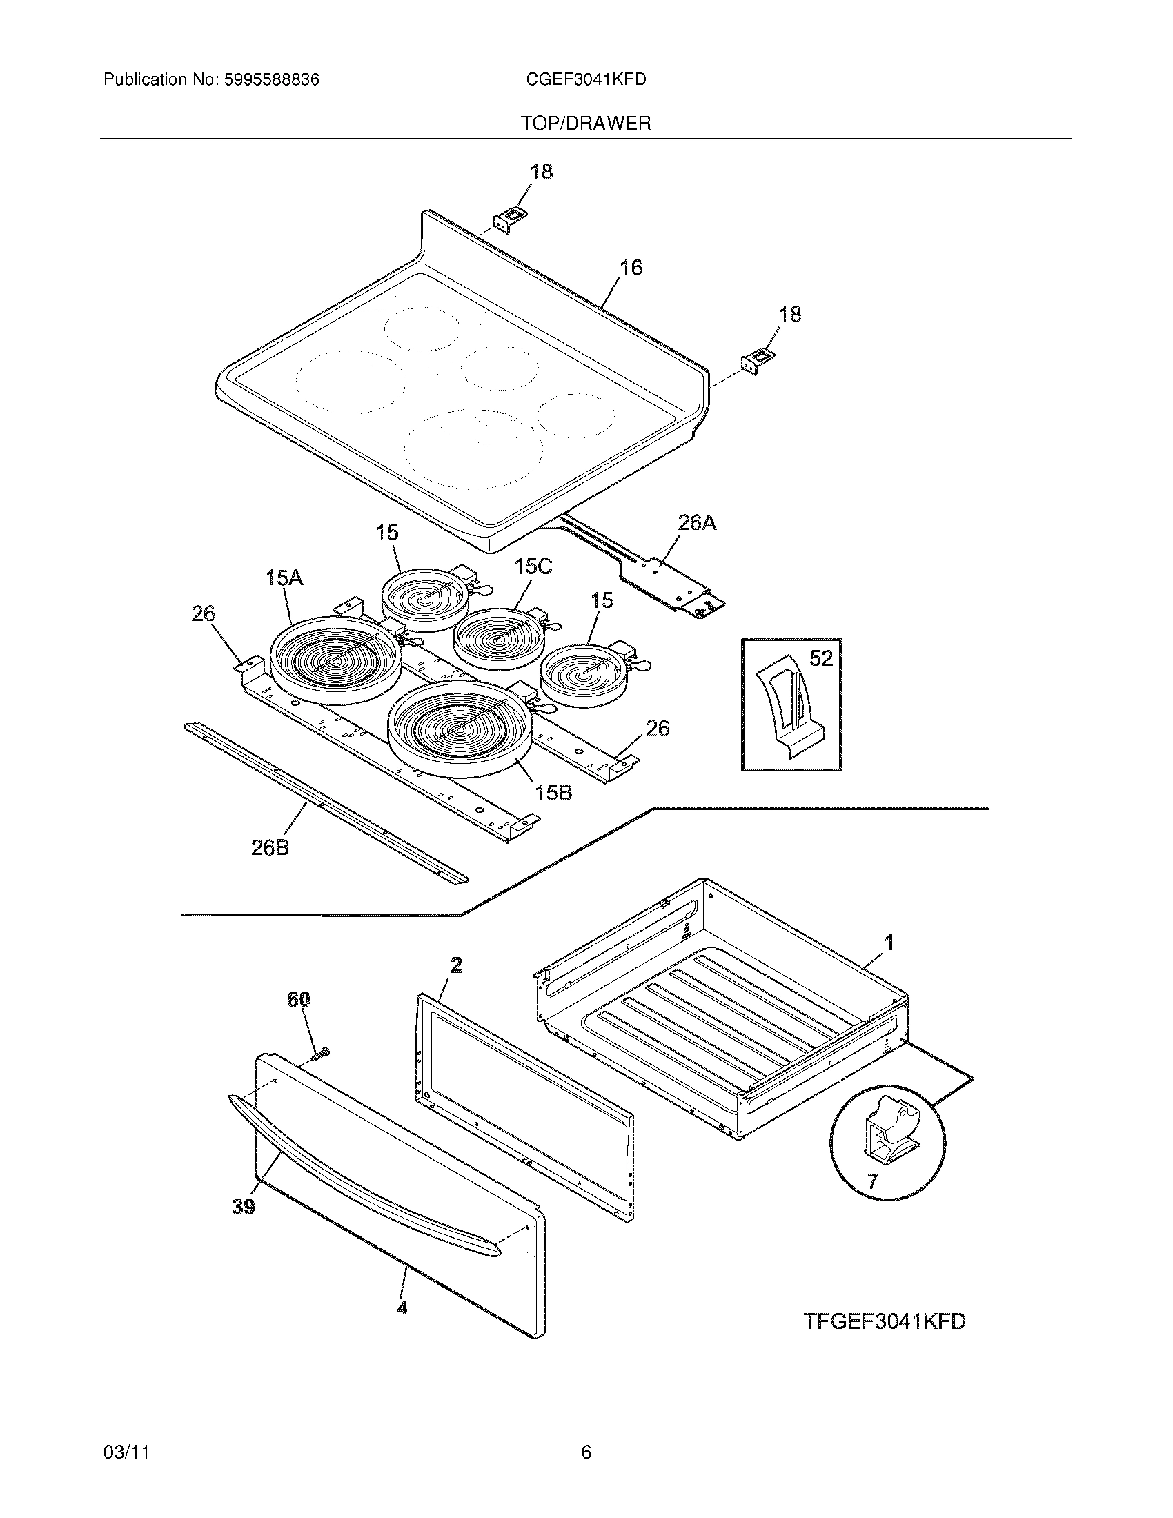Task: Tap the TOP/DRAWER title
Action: pos(586,124)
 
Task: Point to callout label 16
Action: pos(630,268)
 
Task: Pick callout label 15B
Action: pos(553,792)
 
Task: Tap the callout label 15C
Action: pos(533,567)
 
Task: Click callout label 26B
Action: pos(270,848)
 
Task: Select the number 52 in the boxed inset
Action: pos(820,658)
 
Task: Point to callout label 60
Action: pos(299,1000)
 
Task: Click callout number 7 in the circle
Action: pos(872,1180)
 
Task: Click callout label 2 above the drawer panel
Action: pos(456,965)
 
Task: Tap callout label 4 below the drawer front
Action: pos(402,1308)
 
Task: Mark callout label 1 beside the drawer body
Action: pos(888,943)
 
